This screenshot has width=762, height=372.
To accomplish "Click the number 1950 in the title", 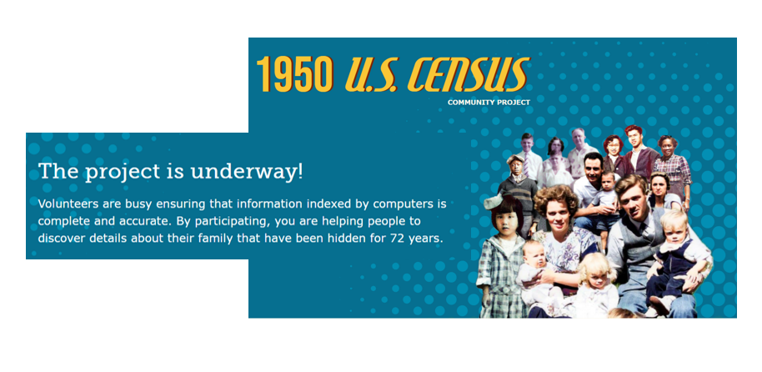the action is pos(295,75).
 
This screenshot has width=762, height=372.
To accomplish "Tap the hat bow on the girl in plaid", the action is pos(494,199).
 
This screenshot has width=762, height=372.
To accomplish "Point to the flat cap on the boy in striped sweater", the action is pos(515,159).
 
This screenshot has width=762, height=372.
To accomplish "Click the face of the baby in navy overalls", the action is pos(674,228).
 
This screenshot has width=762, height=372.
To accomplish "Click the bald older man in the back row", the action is pos(579,151).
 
